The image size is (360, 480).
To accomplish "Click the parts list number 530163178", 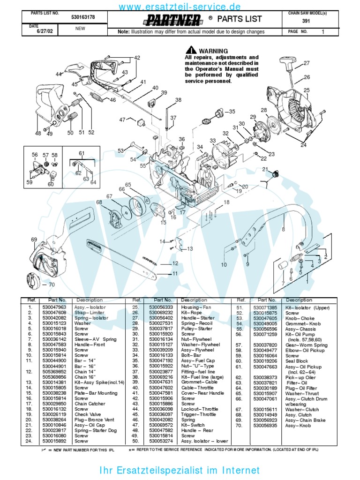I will click(x=83, y=17).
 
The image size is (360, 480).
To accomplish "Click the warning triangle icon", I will click(x=190, y=51).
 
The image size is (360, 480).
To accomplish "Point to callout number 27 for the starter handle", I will click(x=307, y=63).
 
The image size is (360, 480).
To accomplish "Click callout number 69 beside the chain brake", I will click(x=34, y=240).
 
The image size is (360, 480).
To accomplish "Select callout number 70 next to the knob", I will click(x=51, y=284).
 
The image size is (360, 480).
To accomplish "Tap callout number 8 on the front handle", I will click(x=283, y=229).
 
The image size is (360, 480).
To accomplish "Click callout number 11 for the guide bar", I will click(x=175, y=273).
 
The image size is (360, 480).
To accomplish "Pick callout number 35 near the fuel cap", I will click(x=232, y=112).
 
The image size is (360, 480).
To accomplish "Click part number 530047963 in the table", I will click(x=54, y=307).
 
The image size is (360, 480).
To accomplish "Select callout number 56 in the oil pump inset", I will click(x=35, y=155).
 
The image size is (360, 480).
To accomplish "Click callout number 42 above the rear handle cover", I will click(x=137, y=58).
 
